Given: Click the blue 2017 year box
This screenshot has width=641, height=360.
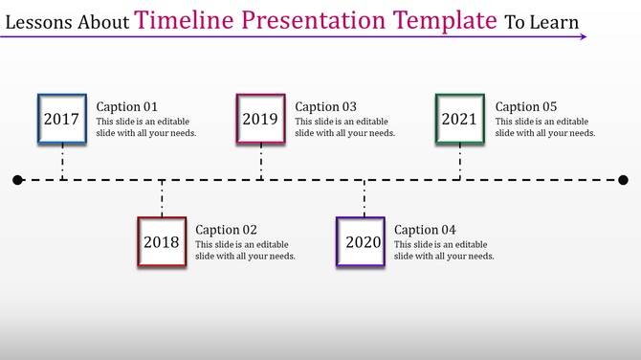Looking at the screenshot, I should click(61, 120).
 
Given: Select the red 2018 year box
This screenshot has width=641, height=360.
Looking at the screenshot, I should click(161, 242).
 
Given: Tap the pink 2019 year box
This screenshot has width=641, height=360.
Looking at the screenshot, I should click(260, 120).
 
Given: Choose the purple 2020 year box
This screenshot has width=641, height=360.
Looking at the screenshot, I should click(364, 242).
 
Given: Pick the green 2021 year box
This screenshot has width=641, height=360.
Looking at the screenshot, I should click(459, 120).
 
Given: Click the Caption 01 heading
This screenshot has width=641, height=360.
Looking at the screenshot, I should click(127, 107).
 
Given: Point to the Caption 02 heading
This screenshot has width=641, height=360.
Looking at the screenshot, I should click(227, 230).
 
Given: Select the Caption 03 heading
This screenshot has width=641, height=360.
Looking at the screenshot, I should click(326, 107).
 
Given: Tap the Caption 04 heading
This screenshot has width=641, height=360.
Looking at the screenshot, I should click(426, 230).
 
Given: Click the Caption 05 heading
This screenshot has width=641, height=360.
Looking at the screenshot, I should click(525, 107).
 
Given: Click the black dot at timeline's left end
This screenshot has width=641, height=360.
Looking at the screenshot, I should click(17, 180).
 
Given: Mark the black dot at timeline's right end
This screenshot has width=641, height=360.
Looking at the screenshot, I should click(623, 180).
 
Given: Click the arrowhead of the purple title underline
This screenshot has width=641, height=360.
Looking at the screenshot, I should click(584, 38).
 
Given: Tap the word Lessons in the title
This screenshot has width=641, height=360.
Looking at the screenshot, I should click(38, 21).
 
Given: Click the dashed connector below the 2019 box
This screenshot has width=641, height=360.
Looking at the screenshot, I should click(260, 163).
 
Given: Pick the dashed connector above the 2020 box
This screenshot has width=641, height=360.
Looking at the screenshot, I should click(364, 199).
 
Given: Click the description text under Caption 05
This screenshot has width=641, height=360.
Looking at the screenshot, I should click(545, 127).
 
